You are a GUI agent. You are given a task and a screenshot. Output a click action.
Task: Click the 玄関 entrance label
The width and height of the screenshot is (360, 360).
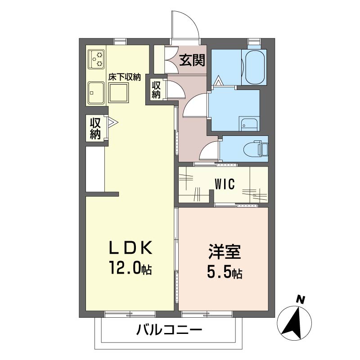tap(192, 60)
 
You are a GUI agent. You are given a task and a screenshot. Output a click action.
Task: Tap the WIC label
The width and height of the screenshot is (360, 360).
tap(225, 184)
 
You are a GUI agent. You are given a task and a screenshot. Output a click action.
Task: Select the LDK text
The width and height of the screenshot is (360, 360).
tap(130, 248)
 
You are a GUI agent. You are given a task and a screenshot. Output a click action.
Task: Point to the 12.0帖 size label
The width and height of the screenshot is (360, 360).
tap(130, 268)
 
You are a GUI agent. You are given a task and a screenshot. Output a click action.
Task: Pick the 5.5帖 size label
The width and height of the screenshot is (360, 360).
tap(225, 272)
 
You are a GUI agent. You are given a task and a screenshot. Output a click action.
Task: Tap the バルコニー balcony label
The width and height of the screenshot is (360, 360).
tap(169, 330)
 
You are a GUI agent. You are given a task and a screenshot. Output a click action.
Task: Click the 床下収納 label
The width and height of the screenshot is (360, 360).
tap(124, 77)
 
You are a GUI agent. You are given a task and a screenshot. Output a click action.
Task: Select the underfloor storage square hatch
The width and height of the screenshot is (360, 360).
tap(118, 93)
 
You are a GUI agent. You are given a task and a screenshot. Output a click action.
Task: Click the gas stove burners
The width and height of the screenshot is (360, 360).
tap(97, 59)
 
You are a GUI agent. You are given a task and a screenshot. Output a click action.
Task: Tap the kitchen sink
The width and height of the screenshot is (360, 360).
tap(96, 93)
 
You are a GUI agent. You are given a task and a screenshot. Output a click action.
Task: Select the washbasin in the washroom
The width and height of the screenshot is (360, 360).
tap(249, 124)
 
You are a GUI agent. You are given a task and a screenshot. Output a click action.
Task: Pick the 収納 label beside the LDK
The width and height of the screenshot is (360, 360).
tap(95, 129)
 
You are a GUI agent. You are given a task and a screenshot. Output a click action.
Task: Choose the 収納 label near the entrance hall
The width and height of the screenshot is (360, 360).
tap(156, 89)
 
